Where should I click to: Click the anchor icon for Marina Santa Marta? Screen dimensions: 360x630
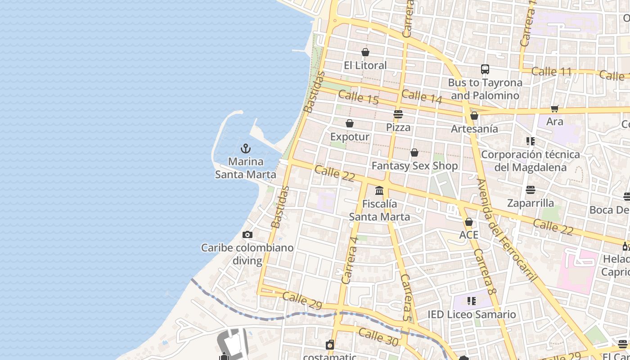point(246,148)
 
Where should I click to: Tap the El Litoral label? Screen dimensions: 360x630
point(365,65)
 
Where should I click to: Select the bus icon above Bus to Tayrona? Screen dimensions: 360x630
point(485,69)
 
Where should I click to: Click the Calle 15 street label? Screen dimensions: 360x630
point(358,97)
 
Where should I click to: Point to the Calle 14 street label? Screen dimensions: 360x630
point(422,96)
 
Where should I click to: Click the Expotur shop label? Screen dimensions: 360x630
point(350,137)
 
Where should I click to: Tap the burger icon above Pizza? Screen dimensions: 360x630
point(398,114)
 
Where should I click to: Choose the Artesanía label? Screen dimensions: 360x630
point(474,129)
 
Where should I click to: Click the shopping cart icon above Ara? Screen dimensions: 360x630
point(555,108)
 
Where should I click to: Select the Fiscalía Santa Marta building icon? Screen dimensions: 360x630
point(379,191)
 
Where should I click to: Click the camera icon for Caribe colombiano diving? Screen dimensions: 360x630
point(247,234)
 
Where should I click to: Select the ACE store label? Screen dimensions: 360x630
point(468,235)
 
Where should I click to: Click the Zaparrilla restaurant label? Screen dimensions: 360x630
point(530,203)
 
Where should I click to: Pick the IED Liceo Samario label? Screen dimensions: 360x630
point(471,315)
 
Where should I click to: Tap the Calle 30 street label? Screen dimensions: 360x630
point(378,337)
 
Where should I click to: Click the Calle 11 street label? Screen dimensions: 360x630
point(551,72)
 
